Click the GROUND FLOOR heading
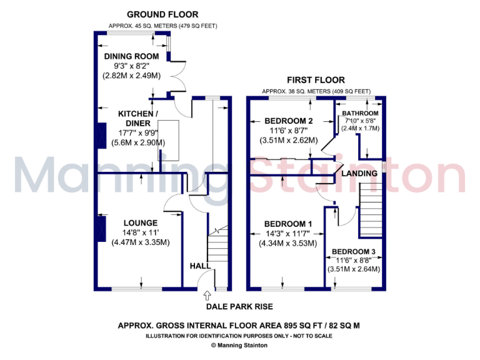162,14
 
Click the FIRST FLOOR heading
316,80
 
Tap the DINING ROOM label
131,56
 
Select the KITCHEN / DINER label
138,118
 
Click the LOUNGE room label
140,222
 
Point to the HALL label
200,266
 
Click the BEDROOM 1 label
287,224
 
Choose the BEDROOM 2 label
288,121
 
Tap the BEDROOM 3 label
354,251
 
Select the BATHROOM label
360,113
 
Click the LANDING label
359,173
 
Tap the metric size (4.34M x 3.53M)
288,244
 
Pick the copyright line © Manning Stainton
240,344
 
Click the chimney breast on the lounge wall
100,228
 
